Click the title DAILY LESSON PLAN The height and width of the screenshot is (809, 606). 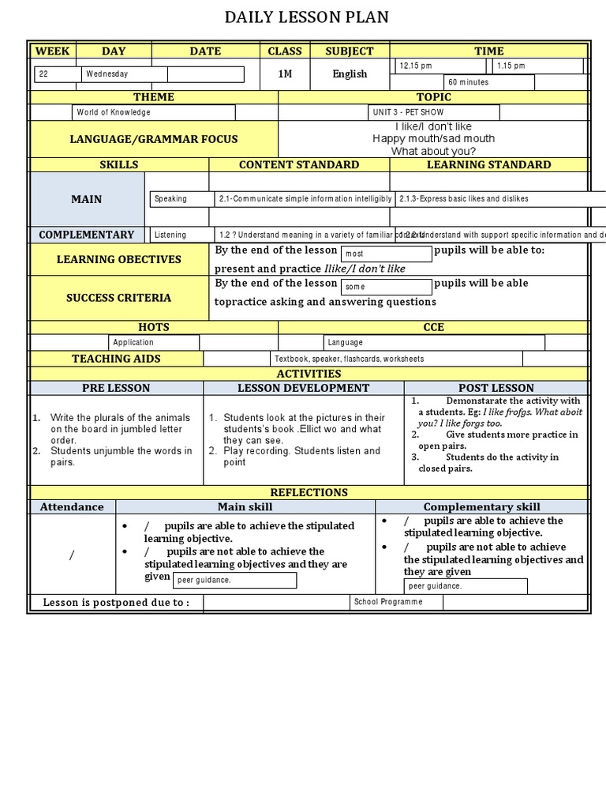pyautogui.click(x=307, y=17)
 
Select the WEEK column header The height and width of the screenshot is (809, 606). pyautogui.click(x=53, y=51)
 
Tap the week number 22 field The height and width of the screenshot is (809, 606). pyautogui.click(x=58, y=74)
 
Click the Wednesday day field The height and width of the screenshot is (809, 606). pyautogui.click(x=124, y=74)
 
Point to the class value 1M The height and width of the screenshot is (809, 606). pyautogui.click(x=285, y=73)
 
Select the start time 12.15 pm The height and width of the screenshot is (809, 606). pyautogui.click(x=442, y=66)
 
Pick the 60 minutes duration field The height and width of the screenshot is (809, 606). pyautogui.click(x=489, y=82)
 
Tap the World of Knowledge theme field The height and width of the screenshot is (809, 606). pyautogui.click(x=153, y=112)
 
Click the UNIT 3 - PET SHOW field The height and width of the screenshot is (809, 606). pyautogui.click(x=433, y=112)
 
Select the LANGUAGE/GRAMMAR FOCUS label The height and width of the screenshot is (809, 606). pyautogui.click(x=154, y=139)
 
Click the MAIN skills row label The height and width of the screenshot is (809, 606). pyautogui.click(x=87, y=199)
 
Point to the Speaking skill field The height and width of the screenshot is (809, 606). pyautogui.click(x=181, y=199)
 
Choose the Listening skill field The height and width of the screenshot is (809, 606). pyautogui.click(x=181, y=235)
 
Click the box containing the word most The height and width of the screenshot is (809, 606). pyautogui.click(x=386, y=254)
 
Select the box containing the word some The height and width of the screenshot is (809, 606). pyautogui.click(x=386, y=287)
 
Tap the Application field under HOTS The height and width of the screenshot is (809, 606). pyautogui.click(x=153, y=342)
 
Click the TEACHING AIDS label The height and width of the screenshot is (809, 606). pyautogui.click(x=116, y=359)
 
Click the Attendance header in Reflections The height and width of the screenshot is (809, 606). pyautogui.click(x=72, y=506)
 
